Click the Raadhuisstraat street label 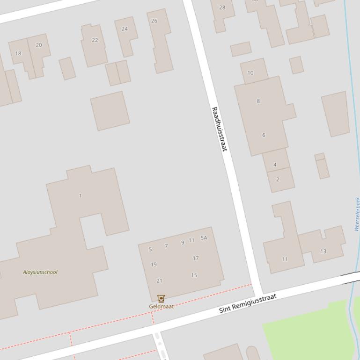tap(219, 129)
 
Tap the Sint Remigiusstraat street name tap(248, 303)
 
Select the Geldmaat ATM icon tap(161, 298)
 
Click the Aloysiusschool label tap(40, 272)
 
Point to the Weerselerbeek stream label tap(357, 214)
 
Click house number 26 tap(154, 21)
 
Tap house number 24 tap(125, 29)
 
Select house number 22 tap(95, 40)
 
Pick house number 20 tap(39, 45)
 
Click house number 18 tap(18, 53)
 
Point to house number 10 tap(250, 73)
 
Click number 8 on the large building tap(258, 101)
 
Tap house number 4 tap(275, 165)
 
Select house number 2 tap(278, 180)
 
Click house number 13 tap(323, 252)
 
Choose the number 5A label tap(204, 238)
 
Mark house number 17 tap(196, 258)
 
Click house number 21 tap(159, 281)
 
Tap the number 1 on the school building tap(80, 195)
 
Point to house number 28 tap(222, 7)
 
